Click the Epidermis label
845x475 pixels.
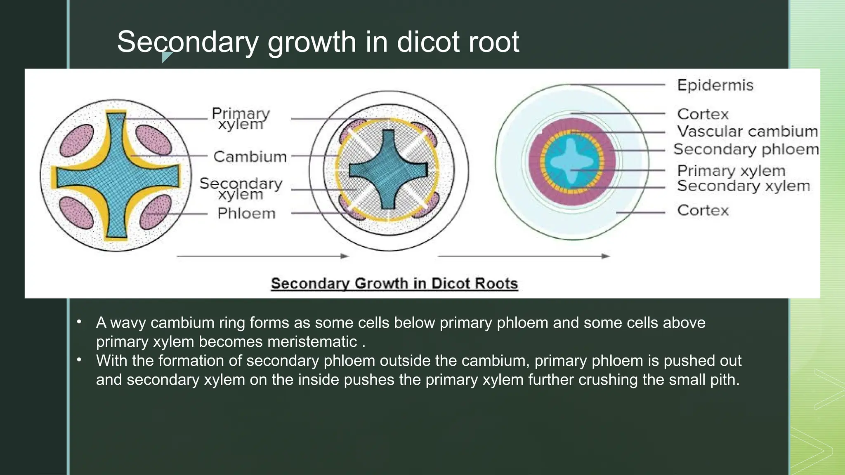[x=715, y=85]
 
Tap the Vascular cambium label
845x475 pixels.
[x=747, y=132]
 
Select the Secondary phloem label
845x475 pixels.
[x=746, y=149]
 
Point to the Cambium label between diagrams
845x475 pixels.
[x=250, y=157]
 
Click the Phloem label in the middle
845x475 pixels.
[x=246, y=214]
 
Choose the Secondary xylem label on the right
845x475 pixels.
[x=744, y=186]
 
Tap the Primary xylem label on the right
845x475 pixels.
[x=731, y=171]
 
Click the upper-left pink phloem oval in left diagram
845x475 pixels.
[x=77, y=141]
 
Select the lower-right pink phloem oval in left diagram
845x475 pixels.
[x=155, y=212]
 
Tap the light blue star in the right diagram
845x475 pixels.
[x=571, y=160]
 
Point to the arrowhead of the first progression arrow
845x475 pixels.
[x=345, y=256]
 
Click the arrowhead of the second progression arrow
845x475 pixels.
[x=606, y=256]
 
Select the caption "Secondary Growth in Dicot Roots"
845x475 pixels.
[x=394, y=284]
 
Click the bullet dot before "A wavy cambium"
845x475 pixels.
[x=79, y=322]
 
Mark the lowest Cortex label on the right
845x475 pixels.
[x=703, y=211]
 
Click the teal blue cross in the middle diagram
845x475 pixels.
[x=388, y=169]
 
